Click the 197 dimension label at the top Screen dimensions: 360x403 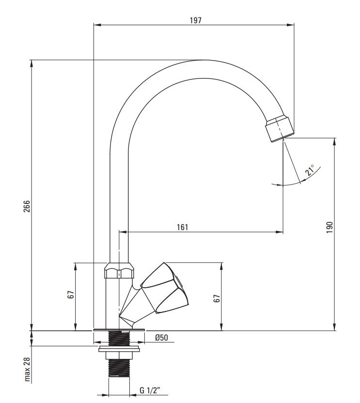point(195,20)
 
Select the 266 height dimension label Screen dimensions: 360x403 point(27,206)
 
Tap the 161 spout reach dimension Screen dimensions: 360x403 point(182,227)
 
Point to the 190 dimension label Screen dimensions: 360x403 point(329,227)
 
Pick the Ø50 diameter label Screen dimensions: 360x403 point(161,338)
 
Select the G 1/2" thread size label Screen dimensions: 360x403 point(150,390)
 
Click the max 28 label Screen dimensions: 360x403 point(27,369)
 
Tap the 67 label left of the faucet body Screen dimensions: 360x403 point(71,294)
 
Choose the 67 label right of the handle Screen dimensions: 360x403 point(217,298)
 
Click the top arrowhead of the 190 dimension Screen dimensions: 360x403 point(334,142)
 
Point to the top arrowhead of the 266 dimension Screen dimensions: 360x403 point(31,64)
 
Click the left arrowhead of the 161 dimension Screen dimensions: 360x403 point(123,232)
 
